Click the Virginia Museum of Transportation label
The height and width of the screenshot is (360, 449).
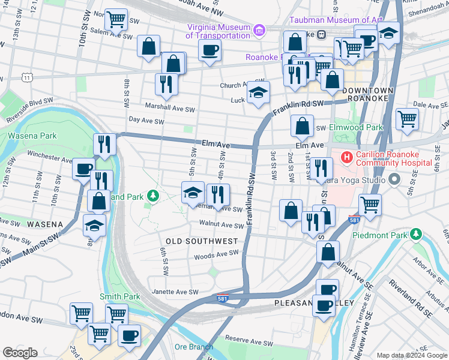pyautogui.click(x=218, y=31)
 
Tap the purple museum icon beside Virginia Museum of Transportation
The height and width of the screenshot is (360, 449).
pyautogui.click(x=259, y=29)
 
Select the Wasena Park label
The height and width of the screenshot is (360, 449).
pyautogui.click(x=28, y=136)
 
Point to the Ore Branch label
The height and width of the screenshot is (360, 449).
pyautogui.click(x=193, y=347)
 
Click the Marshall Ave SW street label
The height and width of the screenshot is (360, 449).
pyautogui.click(x=170, y=109)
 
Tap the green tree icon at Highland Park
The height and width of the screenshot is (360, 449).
pyautogui.click(x=154, y=196)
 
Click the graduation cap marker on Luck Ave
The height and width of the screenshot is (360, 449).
pyautogui.click(x=259, y=93)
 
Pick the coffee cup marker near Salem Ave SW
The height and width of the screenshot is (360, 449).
pyautogui.click(x=209, y=50)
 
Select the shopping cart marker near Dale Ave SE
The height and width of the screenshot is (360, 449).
pyautogui.click(x=407, y=119)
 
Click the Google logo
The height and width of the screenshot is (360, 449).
pyautogui.click(x=20, y=353)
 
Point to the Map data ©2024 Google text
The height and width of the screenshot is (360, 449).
pyautogui.click(x=411, y=355)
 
